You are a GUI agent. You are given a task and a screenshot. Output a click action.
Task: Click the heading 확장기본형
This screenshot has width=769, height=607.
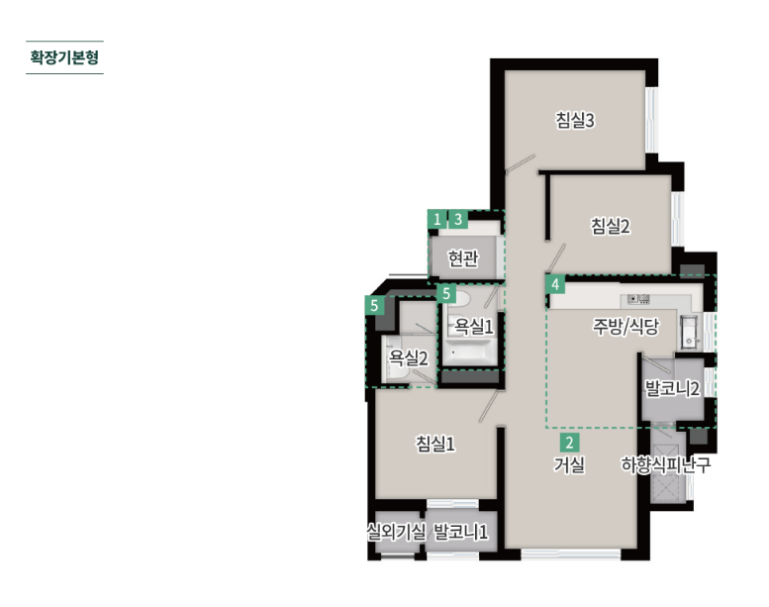(64, 57)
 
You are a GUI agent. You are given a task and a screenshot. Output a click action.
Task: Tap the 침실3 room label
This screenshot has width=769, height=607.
(575, 120)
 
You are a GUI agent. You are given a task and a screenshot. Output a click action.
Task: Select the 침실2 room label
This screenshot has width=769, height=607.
(610, 226)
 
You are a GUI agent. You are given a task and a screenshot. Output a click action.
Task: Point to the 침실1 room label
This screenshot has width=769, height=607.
(435, 444)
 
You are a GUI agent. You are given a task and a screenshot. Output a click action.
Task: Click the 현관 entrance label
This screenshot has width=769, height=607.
(463, 258)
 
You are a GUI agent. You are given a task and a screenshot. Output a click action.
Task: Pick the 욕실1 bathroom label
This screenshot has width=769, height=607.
(473, 326)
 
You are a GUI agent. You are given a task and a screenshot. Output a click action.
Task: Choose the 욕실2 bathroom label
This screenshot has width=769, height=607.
(408, 357)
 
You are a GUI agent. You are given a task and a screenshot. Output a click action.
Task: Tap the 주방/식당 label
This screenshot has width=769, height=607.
(625, 326)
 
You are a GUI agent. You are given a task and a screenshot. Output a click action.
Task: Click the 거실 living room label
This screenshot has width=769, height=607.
(569, 464)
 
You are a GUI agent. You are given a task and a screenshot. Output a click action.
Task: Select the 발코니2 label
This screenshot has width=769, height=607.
(672, 388)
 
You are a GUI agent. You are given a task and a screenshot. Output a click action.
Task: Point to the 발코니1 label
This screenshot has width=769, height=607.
(460, 532)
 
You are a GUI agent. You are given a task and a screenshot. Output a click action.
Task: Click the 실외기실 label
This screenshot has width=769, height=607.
(396, 532)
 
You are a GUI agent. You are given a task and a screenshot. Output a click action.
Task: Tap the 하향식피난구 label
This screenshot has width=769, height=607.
(665, 464)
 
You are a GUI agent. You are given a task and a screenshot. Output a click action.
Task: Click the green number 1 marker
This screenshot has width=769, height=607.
(437, 219)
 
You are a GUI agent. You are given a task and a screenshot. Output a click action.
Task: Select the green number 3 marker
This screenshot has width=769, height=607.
(458, 219)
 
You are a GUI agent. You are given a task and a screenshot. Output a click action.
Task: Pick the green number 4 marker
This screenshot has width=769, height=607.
(555, 284)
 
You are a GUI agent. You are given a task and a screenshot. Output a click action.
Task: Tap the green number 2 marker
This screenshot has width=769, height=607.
(569, 443)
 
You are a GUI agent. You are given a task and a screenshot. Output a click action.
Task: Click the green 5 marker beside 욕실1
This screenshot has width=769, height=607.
(446, 294)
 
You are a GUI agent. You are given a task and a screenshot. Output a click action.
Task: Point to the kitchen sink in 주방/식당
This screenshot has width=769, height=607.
(689, 332)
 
